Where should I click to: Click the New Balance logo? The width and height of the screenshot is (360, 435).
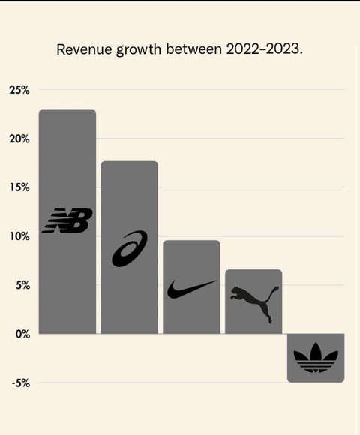pos(67,220)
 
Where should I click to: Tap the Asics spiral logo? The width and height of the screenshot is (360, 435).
pos(129,248)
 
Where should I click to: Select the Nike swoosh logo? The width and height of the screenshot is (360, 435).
pos(191,289)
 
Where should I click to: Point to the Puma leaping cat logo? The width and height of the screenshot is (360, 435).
pos(254,302)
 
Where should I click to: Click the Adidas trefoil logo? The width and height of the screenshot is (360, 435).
pos(316,358)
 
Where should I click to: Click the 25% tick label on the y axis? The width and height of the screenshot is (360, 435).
pos(19,90)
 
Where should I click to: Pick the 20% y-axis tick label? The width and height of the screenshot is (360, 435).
pos(19,139)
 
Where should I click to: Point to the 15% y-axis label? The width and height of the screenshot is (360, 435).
pos(19,187)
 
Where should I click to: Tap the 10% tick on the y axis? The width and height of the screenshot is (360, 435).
pos(19,236)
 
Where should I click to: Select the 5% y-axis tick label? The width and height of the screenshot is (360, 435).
pos(21,285)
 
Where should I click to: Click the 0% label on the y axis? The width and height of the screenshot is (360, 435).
pos(21,334)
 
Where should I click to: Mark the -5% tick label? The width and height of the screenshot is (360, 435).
pos(20,382)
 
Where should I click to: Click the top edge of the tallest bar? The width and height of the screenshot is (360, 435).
pos(67,110)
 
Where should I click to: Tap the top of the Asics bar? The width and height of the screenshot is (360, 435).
pos(129,162)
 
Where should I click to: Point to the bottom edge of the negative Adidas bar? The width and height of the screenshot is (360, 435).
pos(316,382)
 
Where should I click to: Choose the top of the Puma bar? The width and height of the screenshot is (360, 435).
pos(253,270)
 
